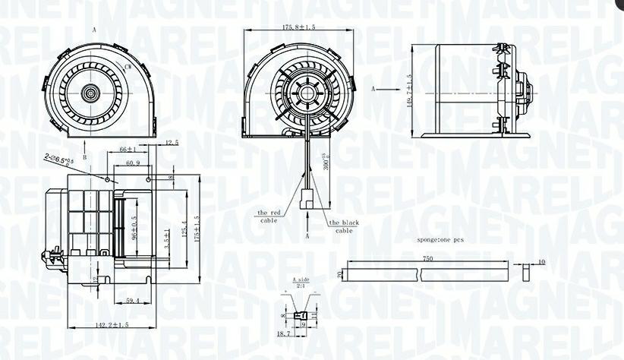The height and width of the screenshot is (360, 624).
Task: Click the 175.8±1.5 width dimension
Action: [298, 27]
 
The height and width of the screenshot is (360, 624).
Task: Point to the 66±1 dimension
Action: [128, 150]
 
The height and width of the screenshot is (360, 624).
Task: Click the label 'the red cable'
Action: [269, 216]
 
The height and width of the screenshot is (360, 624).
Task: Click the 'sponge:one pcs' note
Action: [441, 239]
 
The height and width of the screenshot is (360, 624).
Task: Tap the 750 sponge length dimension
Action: [428, 259]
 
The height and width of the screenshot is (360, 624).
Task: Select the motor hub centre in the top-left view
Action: [91, 94]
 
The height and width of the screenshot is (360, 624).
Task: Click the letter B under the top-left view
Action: [84, 157]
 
